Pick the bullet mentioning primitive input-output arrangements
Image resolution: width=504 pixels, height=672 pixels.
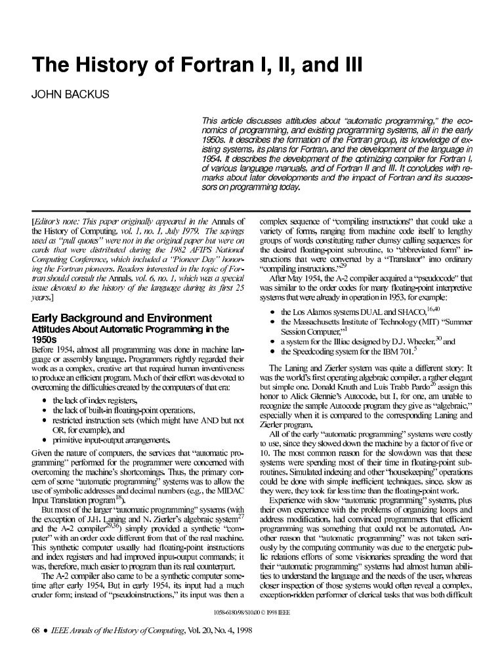click(x=112, y=440)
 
